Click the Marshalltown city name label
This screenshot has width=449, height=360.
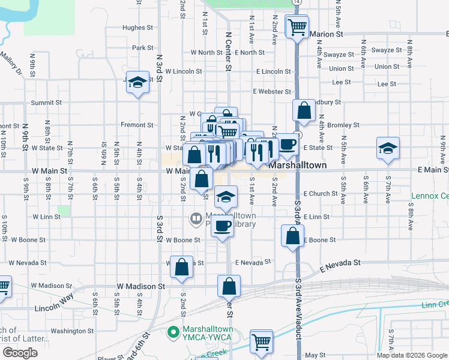tap(298, 164)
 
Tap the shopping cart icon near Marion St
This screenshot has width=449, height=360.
tap(297, 27)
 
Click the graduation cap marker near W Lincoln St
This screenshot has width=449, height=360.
tap(137, 83)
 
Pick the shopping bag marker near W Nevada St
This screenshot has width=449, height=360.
tap(181, 268)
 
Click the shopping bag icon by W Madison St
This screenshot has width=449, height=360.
tap(229, 286)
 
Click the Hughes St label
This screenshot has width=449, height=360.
tap(133, 28)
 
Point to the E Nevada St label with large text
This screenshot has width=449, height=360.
tap(340, 263)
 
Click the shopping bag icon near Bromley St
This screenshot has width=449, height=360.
tap(304, 110)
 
